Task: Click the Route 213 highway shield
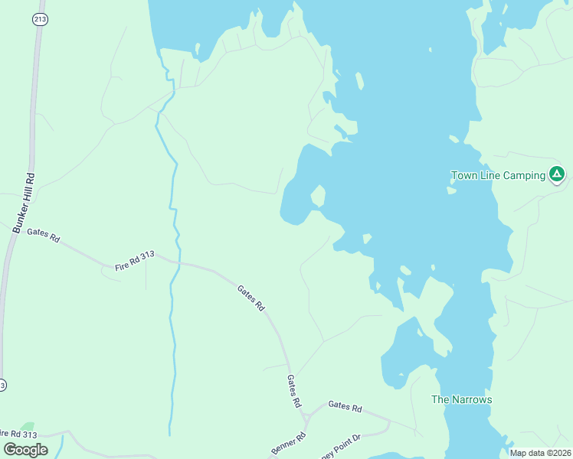coord(39,18)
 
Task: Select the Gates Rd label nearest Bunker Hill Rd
coord(43,235)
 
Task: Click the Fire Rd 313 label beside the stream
coord(135,261)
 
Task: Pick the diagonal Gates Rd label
coord(250,298)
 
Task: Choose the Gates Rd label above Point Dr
coord(345,408)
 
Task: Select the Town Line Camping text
coord(498,175)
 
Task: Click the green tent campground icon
coord(557,174)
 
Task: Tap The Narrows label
coord(461,399)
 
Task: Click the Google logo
coord(26,450)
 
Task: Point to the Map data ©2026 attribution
coord(540,453)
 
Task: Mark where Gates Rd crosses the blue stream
coord(174,263)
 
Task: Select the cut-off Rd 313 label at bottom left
coord(18,434)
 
